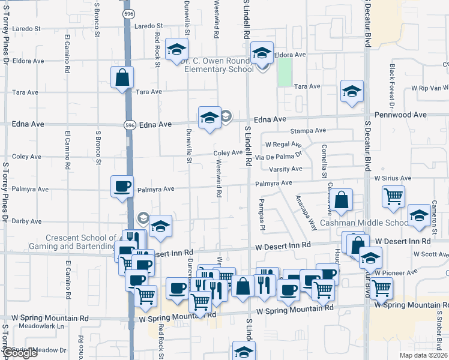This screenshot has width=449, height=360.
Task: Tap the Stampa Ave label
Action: tap(307, 130)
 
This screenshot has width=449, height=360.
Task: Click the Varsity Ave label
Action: tap(285, 170)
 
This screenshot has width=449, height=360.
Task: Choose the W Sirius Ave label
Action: tap(393, 178)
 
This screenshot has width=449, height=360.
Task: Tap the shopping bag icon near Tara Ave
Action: tap(122, 78)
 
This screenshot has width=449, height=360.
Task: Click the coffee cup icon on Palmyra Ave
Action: tap(122, 186)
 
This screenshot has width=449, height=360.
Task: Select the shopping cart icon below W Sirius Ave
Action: tap(393, 196)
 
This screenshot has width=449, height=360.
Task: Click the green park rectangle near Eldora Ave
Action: tap(285, 71)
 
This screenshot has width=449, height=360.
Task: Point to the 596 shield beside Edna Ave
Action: tap(130, 125)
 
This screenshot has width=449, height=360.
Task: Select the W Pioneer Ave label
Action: tap(395, 272)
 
